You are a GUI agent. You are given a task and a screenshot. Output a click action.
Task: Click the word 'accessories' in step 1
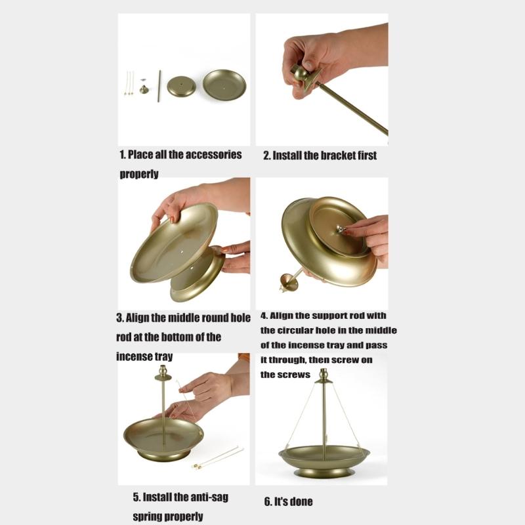tap(213, 155)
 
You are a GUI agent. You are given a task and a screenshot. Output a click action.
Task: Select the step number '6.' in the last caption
tap(268, 501)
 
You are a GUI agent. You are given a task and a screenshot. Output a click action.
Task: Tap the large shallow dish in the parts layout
tap(224, 85)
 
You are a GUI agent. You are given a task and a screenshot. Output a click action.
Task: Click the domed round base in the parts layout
tap(181, 87)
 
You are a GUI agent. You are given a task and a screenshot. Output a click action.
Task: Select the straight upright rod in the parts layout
tap(159, 86)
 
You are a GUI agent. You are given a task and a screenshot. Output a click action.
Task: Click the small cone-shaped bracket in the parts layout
tap(144, 89)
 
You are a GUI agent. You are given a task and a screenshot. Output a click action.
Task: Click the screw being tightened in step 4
tap(340, 229)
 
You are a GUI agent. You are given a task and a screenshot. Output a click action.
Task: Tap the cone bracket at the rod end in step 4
tap(288, 282)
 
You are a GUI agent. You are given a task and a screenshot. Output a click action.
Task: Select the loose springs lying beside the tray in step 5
tap(218, 457)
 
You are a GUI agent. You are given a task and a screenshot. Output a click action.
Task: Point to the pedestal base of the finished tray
tap(324, 472)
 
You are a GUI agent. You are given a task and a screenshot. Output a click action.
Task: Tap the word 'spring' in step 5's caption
tap(148, 517)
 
